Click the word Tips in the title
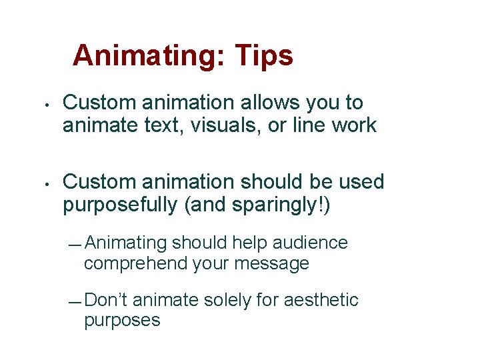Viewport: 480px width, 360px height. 263,55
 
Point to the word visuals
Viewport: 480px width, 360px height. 227,125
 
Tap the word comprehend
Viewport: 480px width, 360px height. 135,263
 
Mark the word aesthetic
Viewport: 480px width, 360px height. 321,300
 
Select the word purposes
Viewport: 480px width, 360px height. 122,321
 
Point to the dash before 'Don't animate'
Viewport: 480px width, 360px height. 75,303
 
